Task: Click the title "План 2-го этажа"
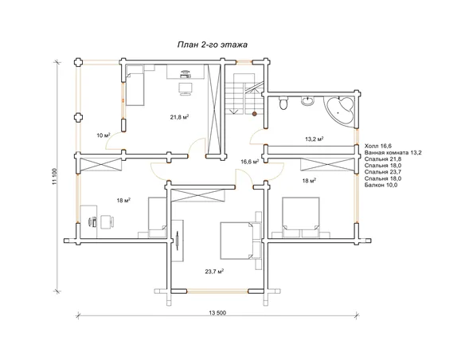213,45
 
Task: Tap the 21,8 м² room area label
180,117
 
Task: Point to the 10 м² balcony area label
104,135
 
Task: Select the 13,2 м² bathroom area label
314,139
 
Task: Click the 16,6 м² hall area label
250,162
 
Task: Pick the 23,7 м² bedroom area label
214,271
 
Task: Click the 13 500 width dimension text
217,312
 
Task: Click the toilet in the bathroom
283,104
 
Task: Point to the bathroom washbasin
308,100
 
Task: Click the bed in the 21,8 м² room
135,86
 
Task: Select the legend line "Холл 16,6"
378,146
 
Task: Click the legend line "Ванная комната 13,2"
393,153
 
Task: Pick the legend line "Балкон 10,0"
381,185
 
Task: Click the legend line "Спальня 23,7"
383,172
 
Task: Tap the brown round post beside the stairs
254,114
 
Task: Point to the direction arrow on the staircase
235,112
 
